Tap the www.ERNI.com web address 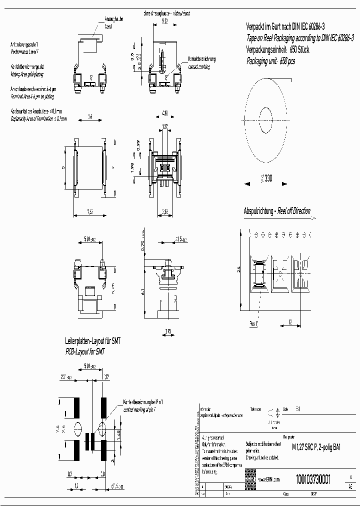point(268,479)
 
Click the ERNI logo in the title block point(250,479)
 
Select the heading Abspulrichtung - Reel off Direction point(276,211)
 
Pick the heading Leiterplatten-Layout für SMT point(93,341)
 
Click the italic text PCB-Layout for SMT point(87,352)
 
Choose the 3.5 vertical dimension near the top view point(132,56)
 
